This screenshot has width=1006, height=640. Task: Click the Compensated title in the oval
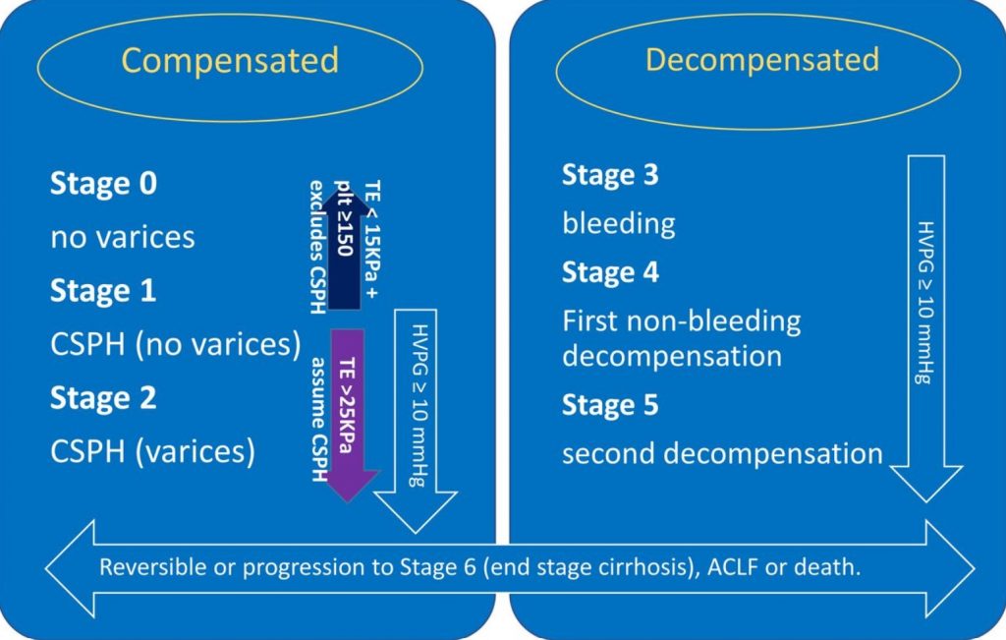(x=230, y=61)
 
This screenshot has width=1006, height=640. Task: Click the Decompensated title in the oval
(x=761, y=60)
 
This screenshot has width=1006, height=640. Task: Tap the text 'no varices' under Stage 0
(x=122, y=237)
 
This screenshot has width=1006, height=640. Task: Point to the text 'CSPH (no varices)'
(x=174, y=344)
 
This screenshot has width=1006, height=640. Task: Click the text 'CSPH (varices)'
(x=152, y=451)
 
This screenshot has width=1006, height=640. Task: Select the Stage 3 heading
(x=610, y=175)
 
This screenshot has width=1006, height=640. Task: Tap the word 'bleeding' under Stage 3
(x=618, y=223)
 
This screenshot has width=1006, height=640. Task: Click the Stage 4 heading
(x=610, y=271)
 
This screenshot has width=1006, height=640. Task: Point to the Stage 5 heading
(x=610, y=405)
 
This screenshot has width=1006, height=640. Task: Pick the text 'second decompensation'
(x=722, y=454)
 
